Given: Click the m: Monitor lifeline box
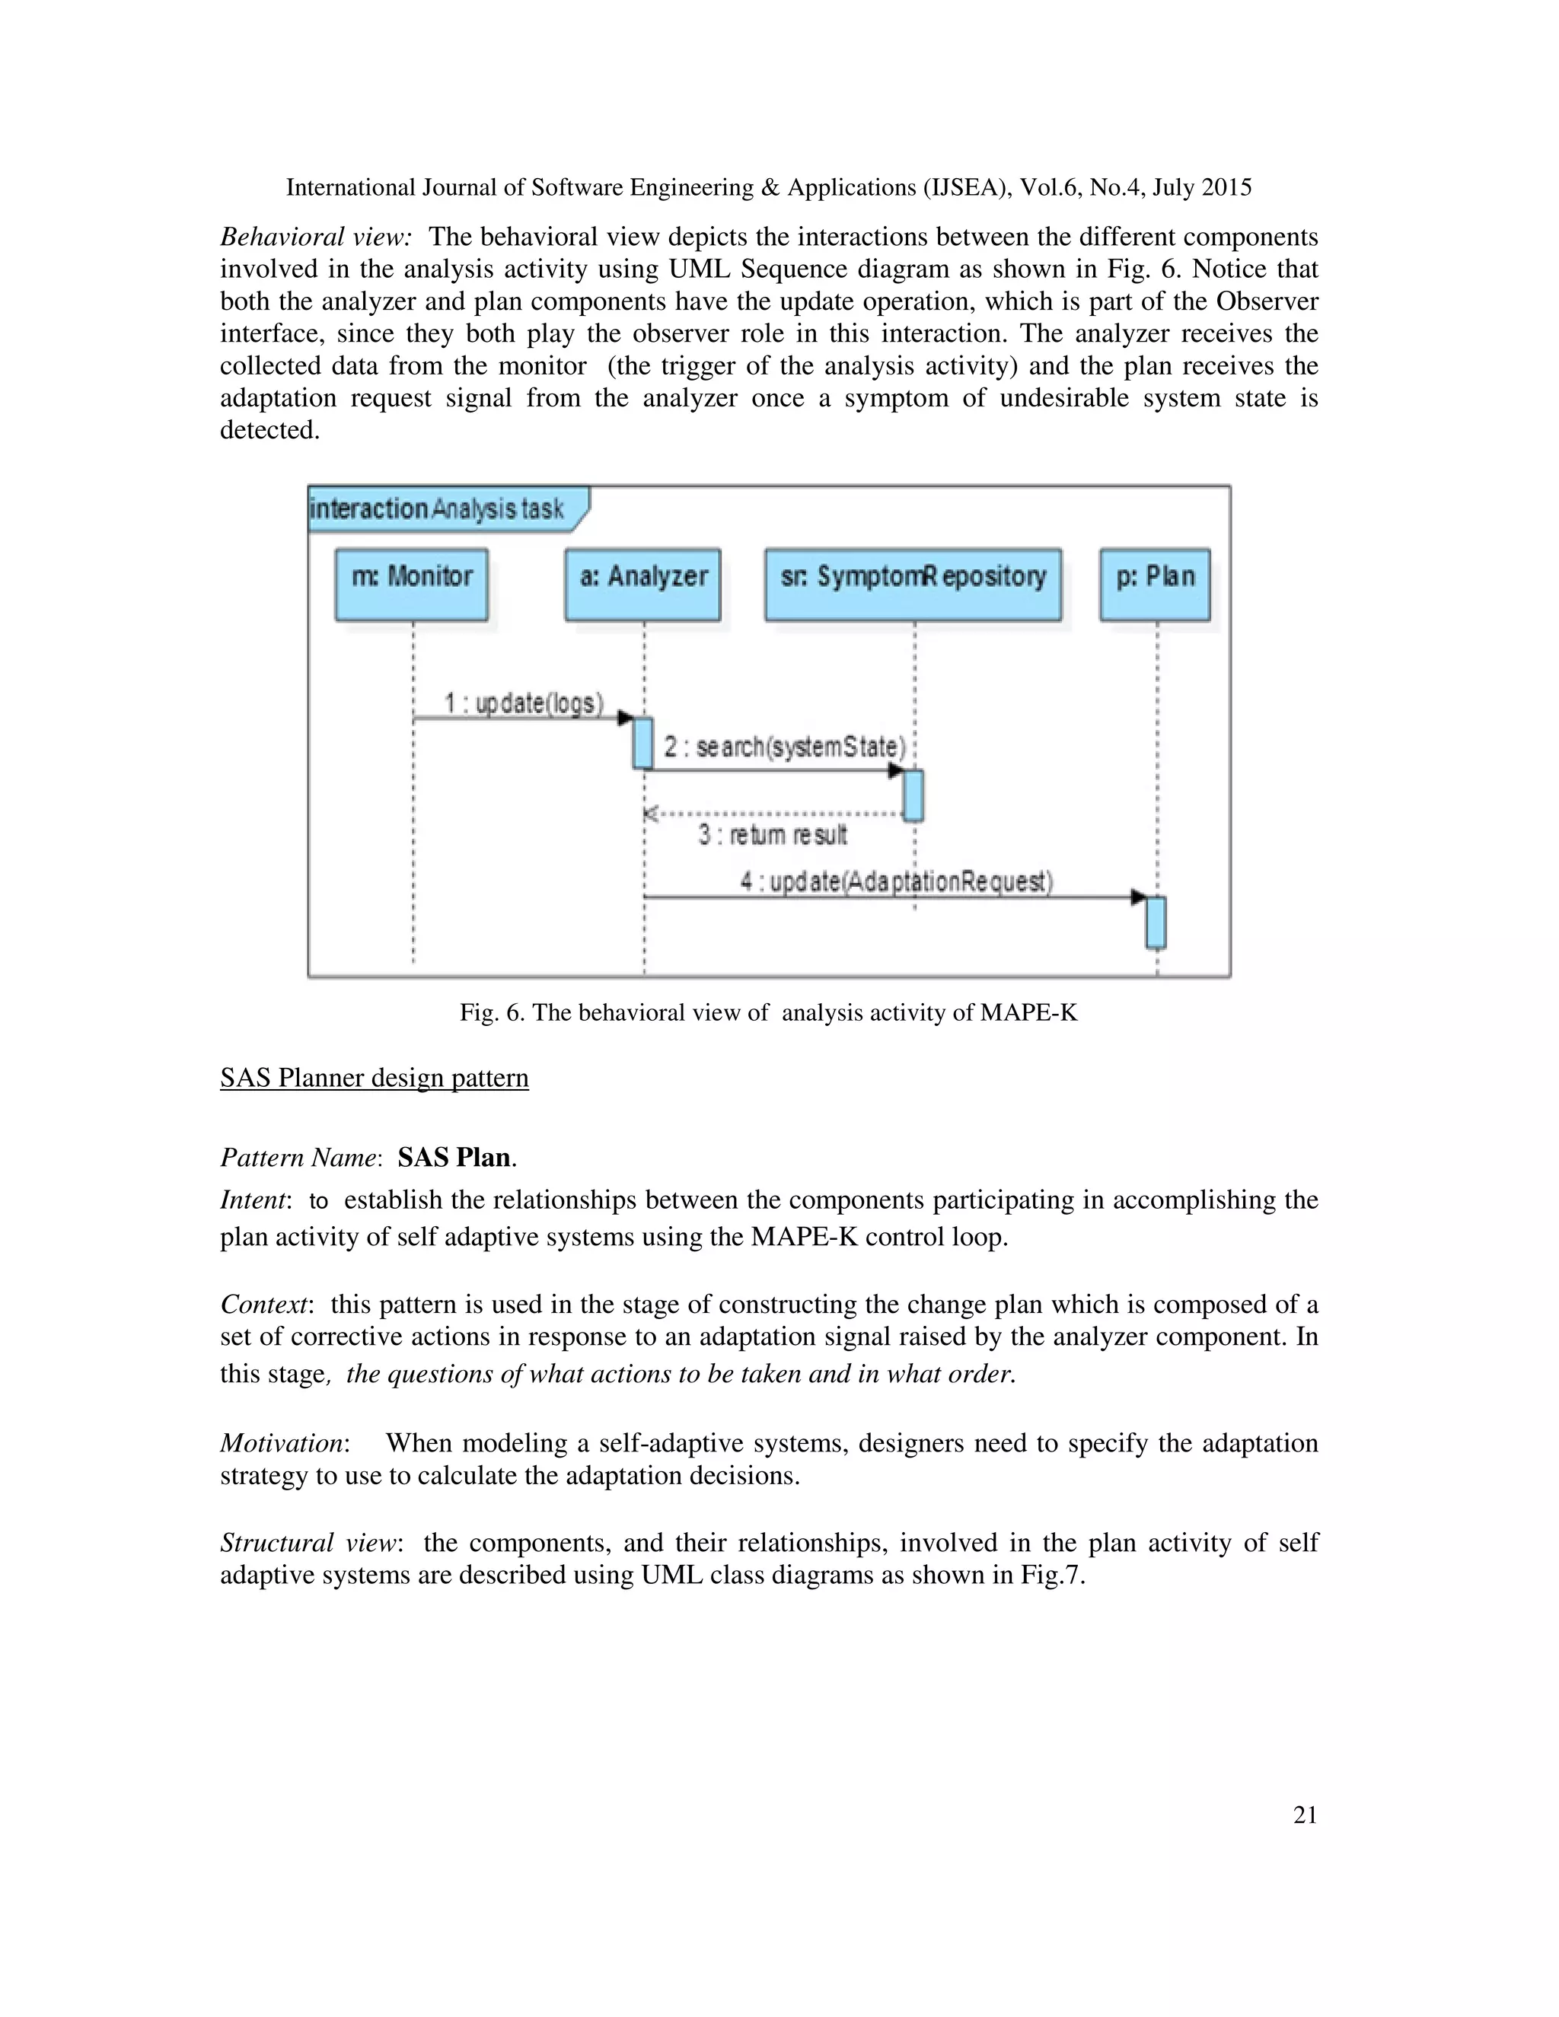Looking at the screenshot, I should coord(412,585).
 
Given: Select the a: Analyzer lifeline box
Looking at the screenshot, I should coord(642,585).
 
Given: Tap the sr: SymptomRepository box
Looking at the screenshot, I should coord(913,585).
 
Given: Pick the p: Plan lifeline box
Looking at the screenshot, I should coord(1155,585).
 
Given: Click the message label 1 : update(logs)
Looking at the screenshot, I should coord(524,704).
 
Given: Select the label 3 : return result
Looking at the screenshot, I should coord(772,835).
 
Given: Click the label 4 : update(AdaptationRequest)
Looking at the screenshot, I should coord(896,882).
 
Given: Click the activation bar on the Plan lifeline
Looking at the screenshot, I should coord(1156,922).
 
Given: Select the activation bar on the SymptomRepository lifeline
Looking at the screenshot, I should coord(913,795).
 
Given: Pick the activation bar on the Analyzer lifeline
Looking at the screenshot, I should coord(642,743).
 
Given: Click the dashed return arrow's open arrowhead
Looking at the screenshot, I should coord(650,814).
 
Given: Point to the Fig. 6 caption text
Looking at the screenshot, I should coord(768,1013).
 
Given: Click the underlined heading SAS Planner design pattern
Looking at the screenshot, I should coord(374,1078).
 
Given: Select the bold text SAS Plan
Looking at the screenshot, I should coord(454,1157).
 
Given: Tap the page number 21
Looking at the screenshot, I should coord(1305,1815).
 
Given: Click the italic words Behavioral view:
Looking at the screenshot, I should coord(315,237).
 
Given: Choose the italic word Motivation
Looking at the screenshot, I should coord(282,1442).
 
